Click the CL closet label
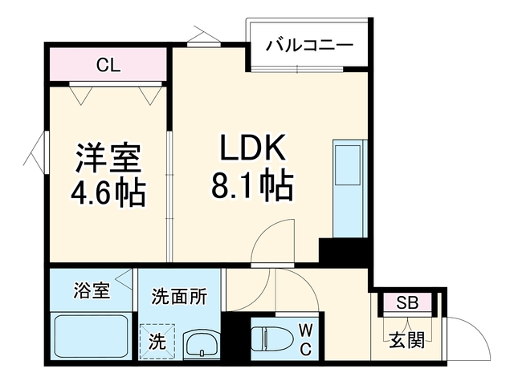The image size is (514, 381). point(108,65)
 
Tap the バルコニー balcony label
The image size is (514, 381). point(309,46)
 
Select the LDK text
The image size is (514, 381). point(252,148)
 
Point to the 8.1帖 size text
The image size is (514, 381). point(252,184)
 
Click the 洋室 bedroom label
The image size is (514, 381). point(108,159)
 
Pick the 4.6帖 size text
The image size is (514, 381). point(108,193)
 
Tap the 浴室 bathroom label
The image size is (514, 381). point(92,290)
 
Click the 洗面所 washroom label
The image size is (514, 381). point(179,297)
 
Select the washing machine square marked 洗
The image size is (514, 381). point(157,342)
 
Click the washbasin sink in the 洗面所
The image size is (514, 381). point(202,344)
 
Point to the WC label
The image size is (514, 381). point(305,339)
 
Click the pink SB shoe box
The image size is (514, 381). point(407,302)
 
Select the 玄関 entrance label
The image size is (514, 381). point(406,340)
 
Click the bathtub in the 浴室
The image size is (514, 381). point(90,337)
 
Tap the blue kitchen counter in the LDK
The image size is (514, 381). point(350,188)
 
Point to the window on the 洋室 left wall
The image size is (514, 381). point(47,152)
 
